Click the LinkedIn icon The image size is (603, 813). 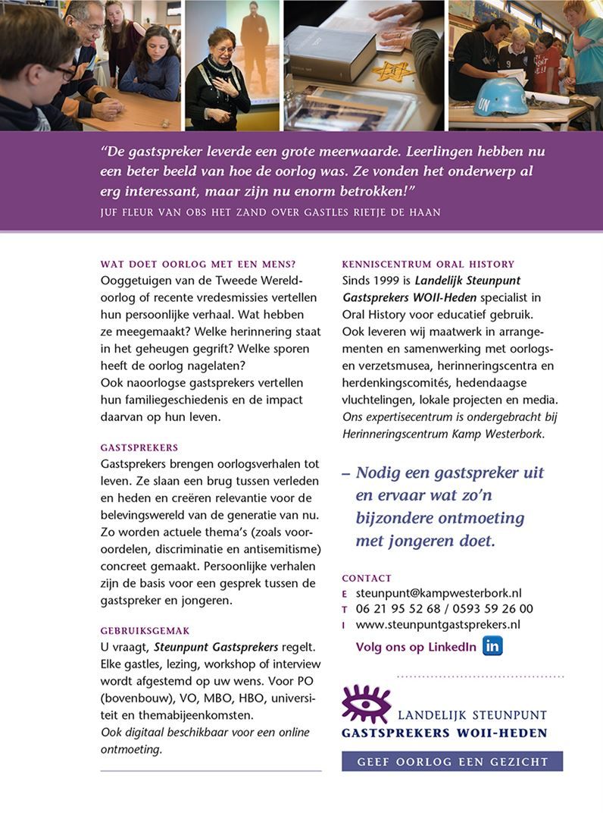click(492, 646)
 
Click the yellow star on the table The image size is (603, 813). click(393, 71)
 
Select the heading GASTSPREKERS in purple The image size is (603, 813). click(139, 447)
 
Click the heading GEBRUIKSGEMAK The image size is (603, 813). click(145, 630)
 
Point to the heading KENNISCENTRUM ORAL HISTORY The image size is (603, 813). click(428, 265)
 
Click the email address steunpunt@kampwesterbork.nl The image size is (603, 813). click(438, 593)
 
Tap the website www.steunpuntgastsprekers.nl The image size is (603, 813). click(437, 625)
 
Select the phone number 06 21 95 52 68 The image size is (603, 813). click(398, 609)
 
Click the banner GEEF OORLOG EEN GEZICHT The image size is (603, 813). click(452, 761)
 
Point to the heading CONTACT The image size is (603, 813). click(367, 578)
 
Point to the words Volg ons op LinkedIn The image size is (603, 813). click(416, 647)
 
